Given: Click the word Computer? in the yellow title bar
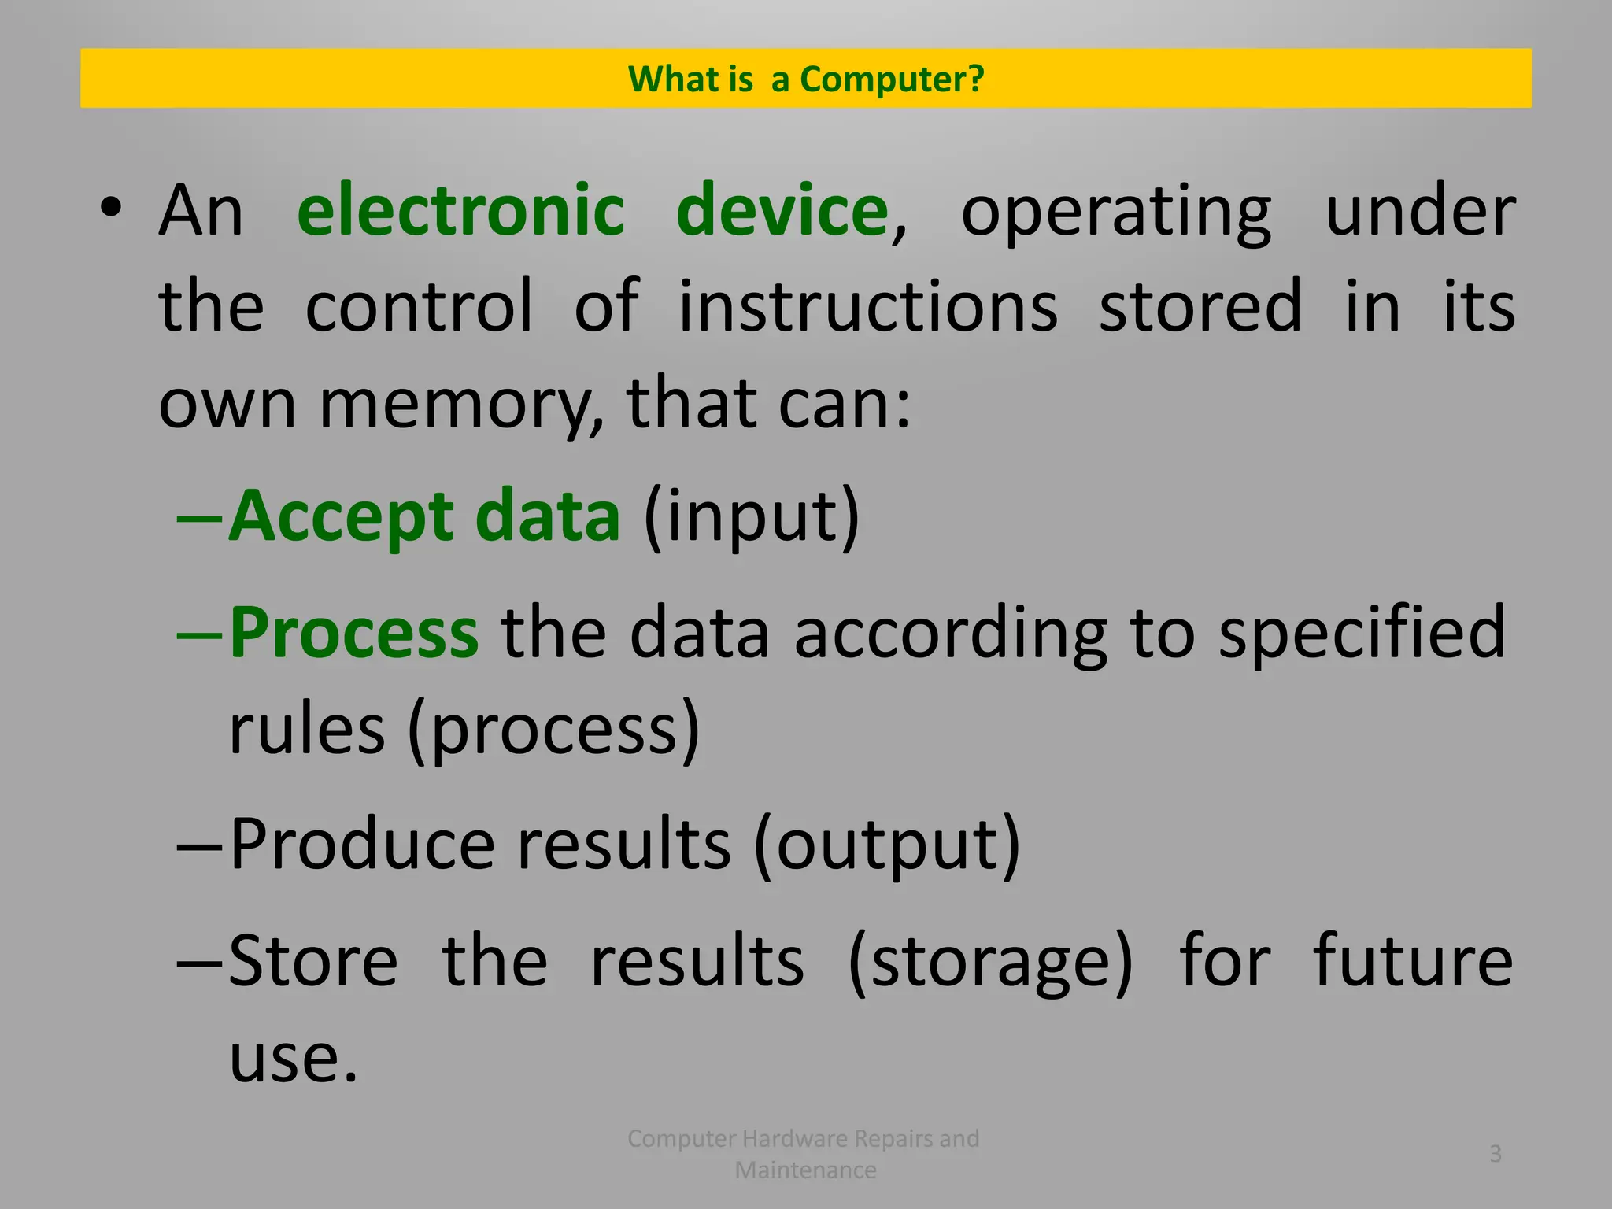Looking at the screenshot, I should click(892, 79).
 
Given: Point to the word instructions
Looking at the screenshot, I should click(868, 306).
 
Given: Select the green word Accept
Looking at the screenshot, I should click(341, 518).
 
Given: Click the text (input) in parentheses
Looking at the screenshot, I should click(752, 518).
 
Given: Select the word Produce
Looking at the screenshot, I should click(362, 844).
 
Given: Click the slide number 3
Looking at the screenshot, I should click(1496, 1154).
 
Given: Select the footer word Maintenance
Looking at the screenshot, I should click(805, 1170).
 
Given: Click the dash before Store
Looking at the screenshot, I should click(201, 962).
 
